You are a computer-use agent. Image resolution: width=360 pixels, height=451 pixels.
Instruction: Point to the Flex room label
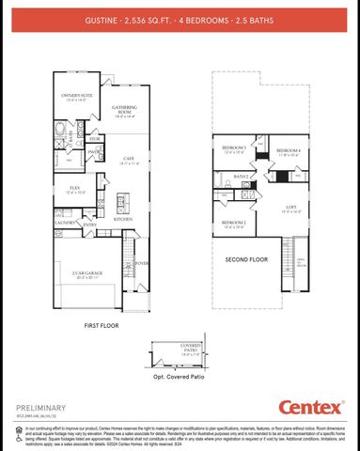point(74,188)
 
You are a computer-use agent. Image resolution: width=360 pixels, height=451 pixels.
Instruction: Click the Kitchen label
point(122,219)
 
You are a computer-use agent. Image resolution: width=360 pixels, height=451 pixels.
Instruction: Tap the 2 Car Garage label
point(86,273)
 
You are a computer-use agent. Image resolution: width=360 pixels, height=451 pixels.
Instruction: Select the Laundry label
point(65,224)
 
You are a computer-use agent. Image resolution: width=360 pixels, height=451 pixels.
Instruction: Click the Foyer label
point(142,264)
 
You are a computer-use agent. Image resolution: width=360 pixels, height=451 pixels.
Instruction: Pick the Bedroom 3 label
point(234,148)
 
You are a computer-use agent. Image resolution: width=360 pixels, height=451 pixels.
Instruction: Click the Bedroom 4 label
point(289,150)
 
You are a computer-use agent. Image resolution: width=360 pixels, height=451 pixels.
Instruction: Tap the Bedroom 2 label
point(234,223)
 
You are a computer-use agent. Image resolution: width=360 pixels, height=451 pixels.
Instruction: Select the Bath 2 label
point(241,176)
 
